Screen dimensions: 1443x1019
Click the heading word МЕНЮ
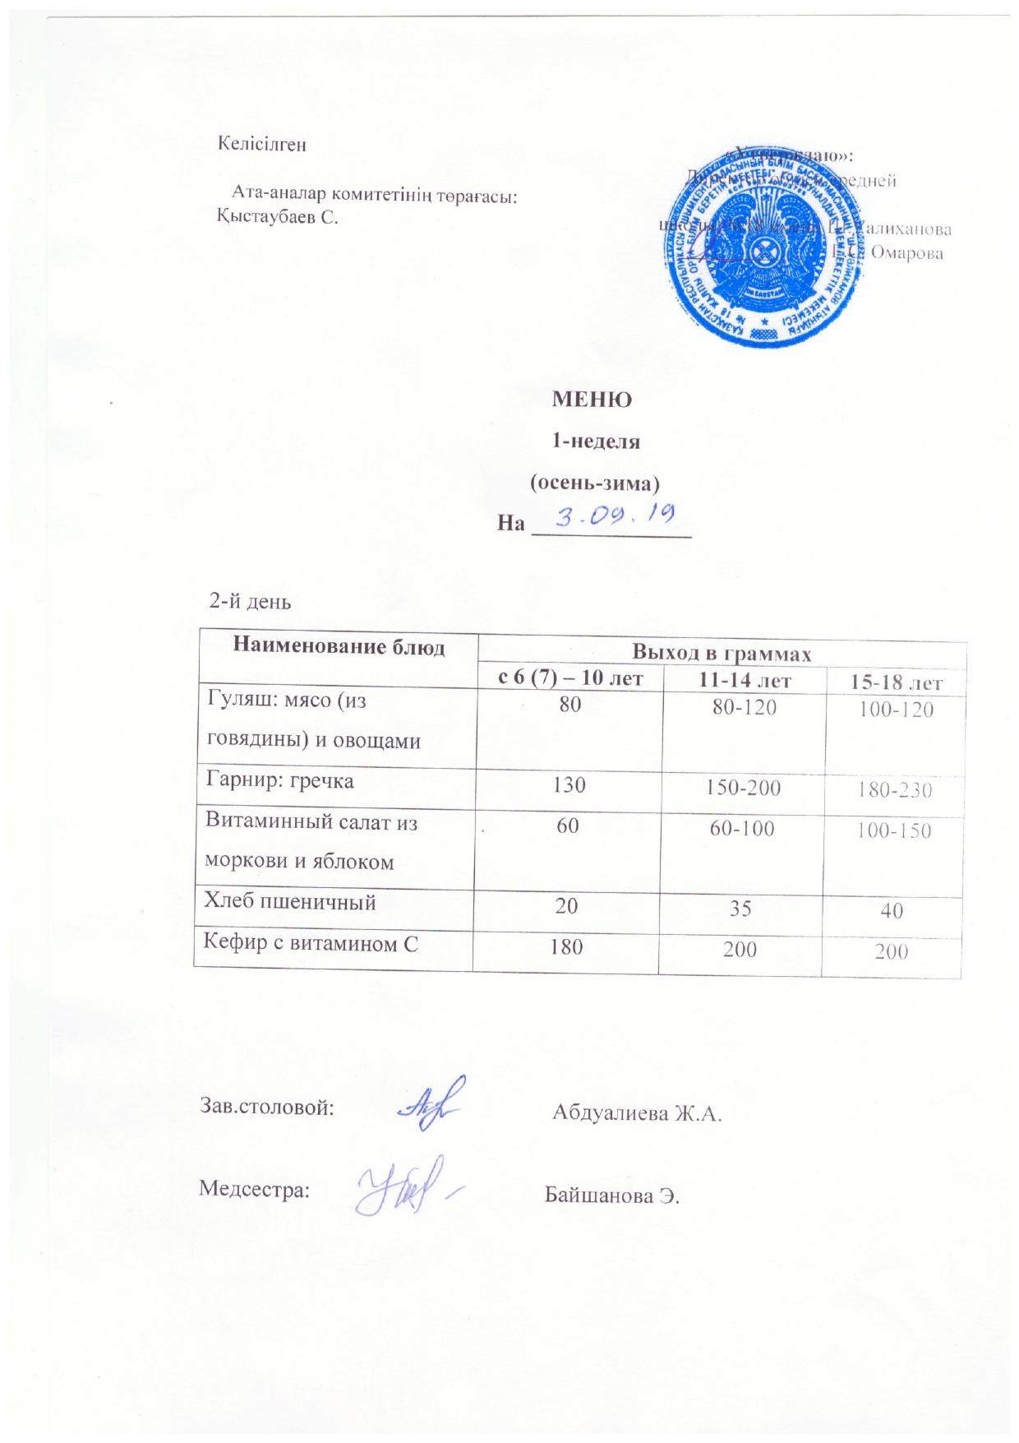(x=591, y=401)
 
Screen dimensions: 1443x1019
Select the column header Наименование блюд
(x=339, y=647)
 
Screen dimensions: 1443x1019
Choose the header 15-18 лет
(x=896, y=682)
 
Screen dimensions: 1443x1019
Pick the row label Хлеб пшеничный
(x=290, y=902)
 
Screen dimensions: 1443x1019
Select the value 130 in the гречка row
(x=569, y=784)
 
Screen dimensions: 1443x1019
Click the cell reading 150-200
(x=743, y=787)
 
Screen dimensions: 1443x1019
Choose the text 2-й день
(x=251, y=601)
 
